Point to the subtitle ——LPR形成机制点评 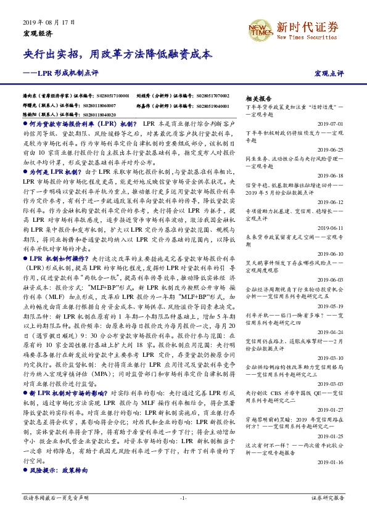(60, 73)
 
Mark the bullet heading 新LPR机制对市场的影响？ (68, 409)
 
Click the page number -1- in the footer (183, 497)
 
